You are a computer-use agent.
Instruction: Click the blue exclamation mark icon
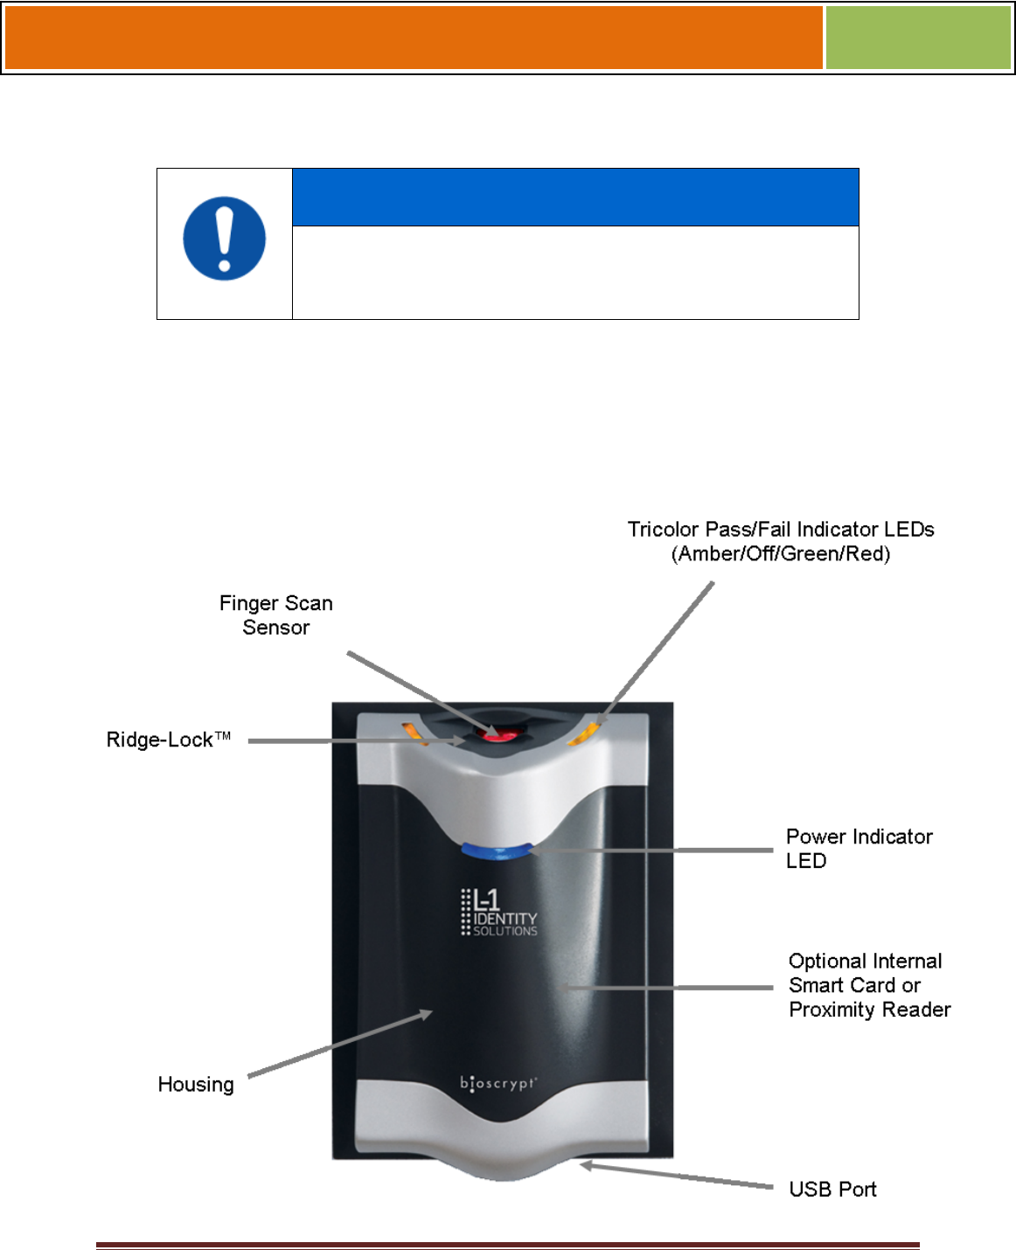pos(224,238)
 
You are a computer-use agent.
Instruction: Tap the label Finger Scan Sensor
pos(275,615)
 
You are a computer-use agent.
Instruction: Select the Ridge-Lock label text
pos(168,740)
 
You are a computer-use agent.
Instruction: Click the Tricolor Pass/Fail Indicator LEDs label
pos(780,541)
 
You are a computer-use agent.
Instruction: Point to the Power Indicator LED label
pos(858,848)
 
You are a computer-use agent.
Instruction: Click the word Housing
pos(196,1085)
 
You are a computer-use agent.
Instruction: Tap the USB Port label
pos(832,1189)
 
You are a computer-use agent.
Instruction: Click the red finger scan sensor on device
pos(500,735)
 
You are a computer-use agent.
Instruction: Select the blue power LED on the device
pos(496,851)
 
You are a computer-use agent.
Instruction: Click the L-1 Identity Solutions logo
pos(498,913)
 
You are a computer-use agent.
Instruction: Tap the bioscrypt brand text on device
pos(498,1083)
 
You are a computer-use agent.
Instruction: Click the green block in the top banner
pos(917,38)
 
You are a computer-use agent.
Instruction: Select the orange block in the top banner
pos(414,38)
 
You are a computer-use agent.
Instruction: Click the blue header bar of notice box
pos(574,198)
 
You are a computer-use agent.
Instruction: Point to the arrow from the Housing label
pos(340,1045)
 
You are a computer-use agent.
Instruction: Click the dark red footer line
pos(507,1245)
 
